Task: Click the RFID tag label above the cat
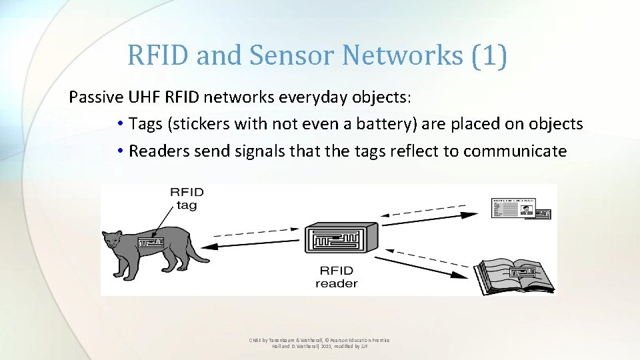pos(187,199)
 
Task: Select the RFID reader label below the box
pos(337,277)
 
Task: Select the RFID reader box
pos(337,239)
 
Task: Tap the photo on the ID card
pos(527,211)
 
